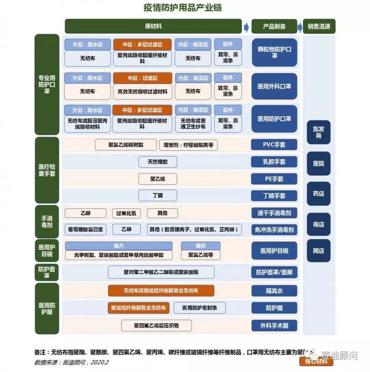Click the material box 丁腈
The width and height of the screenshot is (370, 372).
pos(158,196)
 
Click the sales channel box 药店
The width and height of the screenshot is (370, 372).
pos(318,194)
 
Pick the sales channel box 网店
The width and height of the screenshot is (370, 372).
pos(318,251)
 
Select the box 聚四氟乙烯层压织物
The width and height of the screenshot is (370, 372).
pos(160,325)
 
